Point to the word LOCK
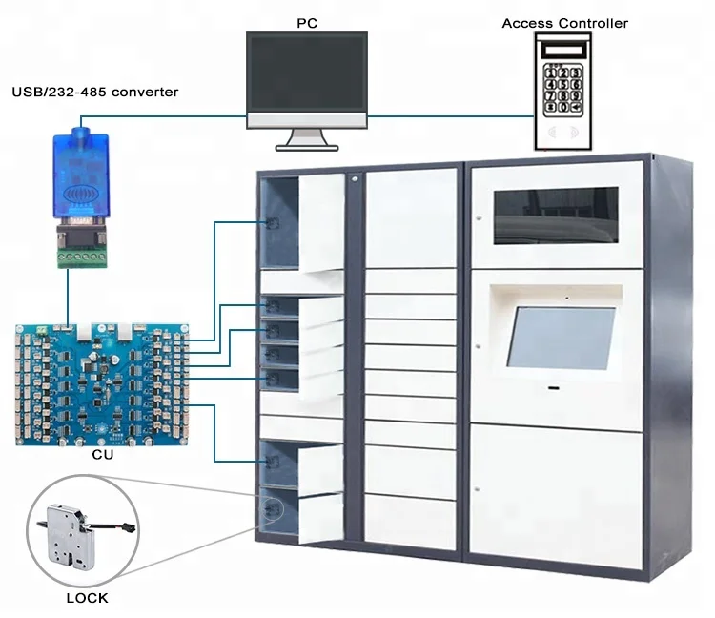pyautogui.click(x=88, y=598)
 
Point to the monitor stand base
pyautogui.click(x=307, y=146)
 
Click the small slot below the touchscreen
pyautogui.click(x=552, y=388)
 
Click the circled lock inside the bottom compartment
pyautogui.click(x=273, y=512)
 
